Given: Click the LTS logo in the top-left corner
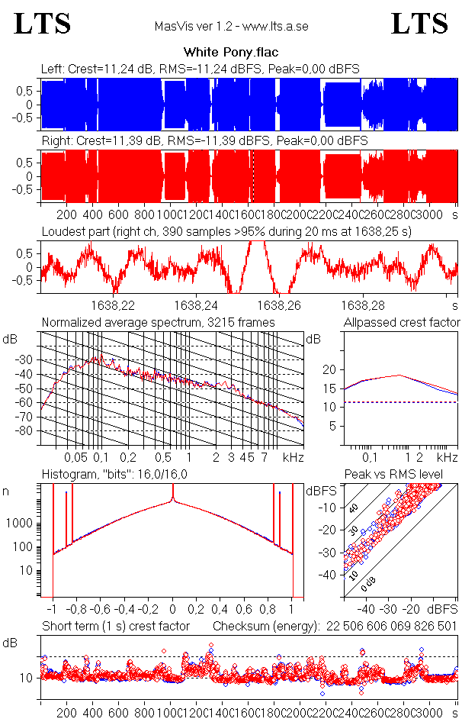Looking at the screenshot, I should [43, 24].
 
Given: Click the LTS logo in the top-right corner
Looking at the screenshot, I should [419, 24].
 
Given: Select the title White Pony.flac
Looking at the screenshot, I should [231, 53].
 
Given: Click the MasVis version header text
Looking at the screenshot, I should [231, 27].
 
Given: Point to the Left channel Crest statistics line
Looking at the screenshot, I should [200, 69].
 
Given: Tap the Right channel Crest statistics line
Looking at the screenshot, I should [204, 141].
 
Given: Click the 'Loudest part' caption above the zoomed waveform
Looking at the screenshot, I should [226, 230].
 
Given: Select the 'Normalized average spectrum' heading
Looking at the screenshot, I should [158, 322].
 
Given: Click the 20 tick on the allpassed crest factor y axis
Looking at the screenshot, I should [329, 369].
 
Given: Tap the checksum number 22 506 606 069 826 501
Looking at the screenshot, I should [392, 627].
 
